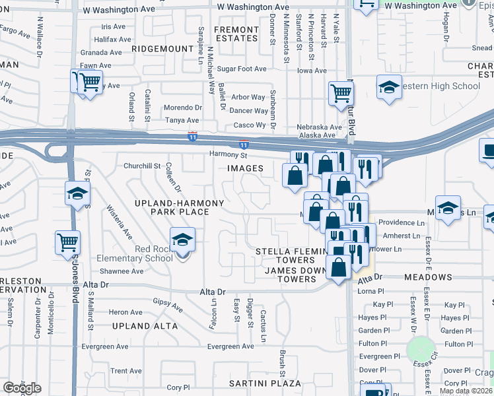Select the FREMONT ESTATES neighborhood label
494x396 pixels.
click(236, 34)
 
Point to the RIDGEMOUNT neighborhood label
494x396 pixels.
click(162, 49)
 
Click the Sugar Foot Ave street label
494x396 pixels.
click(242, 69)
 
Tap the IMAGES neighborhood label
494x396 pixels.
click(245, 168)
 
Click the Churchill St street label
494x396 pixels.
click(137, 166)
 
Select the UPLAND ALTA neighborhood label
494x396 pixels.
click(145, 326)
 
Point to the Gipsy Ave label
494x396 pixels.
click(168, 304)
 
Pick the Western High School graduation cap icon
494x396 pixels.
click(389, 87)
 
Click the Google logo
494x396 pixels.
click(21, 388)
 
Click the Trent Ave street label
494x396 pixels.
click(126, 371)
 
